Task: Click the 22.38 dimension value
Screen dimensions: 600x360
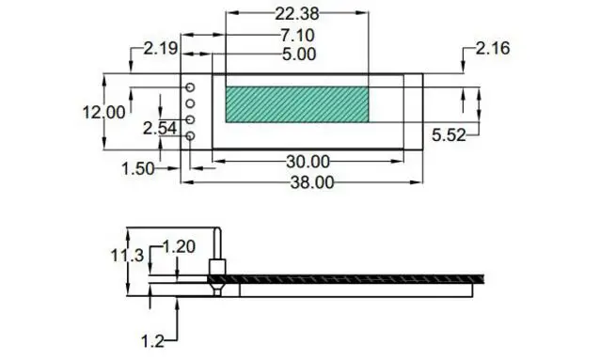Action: pyautogui.click(x=297, y=14)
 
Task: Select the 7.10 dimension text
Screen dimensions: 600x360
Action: pyautogui.click(x=298, y=36)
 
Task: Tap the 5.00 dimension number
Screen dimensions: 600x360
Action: pyautogui.click(x=299, y=55)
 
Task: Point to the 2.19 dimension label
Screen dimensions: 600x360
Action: pyautogui.click(x=161, y=49)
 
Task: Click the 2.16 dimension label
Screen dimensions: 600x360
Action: pyautogui.click(x=493, y=49)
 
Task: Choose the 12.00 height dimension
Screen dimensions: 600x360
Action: pyautogui.click(x=104, y=113)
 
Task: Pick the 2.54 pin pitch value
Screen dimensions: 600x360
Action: pyautogui.click(x=160, y=129)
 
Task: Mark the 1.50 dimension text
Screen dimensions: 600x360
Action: pyautogui.click(x=138, y=168)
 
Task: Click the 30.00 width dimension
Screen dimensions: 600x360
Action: pyautogui.click(x=308, y=162)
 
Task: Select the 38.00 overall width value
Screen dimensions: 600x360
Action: pyautogui.click(x=312, y=182)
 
